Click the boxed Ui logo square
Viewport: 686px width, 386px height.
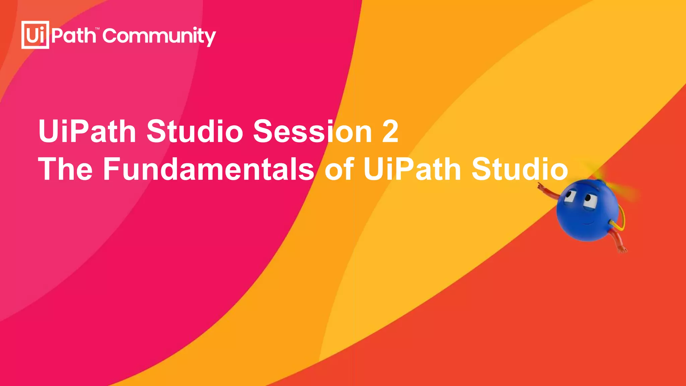click(35, 35)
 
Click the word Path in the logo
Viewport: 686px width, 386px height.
click(74, 36)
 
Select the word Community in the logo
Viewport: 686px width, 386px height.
click(159, 36)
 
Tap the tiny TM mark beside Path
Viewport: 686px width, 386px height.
click(97, 29)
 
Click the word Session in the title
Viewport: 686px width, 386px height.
click(312, 131)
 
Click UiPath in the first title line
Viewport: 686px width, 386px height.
click(87, 131)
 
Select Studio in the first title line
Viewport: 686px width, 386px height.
click(195, 131)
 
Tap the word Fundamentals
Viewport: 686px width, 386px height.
click(208, 169)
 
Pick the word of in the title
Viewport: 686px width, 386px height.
click(339, 169)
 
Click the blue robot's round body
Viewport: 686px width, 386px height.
click(585, 214)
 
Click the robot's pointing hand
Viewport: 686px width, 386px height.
click(541, 187)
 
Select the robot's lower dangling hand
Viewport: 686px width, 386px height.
click(622, 249)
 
